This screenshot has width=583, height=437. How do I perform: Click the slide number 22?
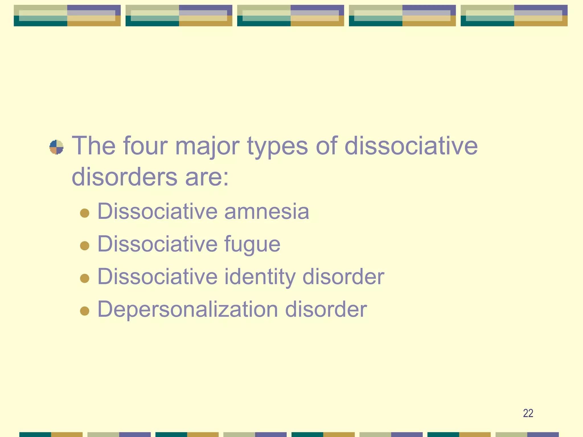[528, 413]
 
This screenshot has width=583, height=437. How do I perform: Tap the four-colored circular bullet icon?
[56, 147]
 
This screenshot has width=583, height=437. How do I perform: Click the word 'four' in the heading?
[145, 146]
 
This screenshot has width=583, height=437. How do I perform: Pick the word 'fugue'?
[252, 245]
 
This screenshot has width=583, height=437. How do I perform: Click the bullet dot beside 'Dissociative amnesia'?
[85, 213]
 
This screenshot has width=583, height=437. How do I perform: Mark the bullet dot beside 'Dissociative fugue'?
[85, 246]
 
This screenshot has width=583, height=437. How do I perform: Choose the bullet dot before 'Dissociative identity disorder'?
[85, 278]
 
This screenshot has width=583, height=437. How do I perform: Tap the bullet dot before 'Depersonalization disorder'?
[85, 311]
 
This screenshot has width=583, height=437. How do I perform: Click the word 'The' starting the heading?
[94, 146]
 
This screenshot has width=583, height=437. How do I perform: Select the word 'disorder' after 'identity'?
[343, 277]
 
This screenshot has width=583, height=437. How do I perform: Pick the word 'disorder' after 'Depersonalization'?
[326, 309]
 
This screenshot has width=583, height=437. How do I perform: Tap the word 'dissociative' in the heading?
[411, 146]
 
